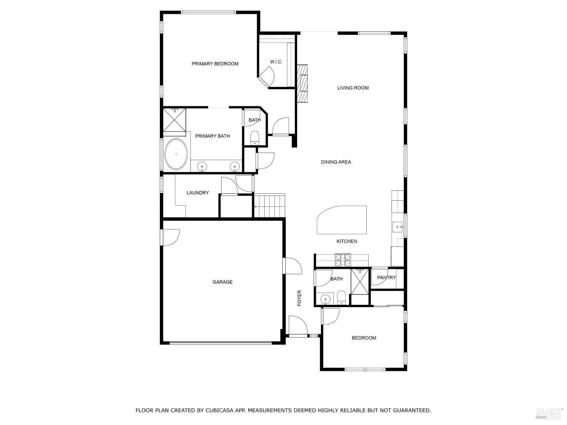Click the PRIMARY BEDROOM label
coord(215,64)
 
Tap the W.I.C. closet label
coord(276,62)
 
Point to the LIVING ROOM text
coord(353,88)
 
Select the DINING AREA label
coord(336,162)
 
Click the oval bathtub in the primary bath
coord(176,154)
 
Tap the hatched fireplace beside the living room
coord(302,83)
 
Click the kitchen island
coord(342,220)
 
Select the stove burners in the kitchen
coord(343,260)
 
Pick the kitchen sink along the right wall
coord(398,227)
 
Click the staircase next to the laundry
coord(270,206)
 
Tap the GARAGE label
coord(222,282)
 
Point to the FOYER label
coord(299,298)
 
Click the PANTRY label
coord(386,278)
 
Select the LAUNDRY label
coord(198,193)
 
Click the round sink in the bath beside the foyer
coord(325,300)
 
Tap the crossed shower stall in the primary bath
coord(175,120)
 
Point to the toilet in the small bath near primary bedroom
coord(255,138)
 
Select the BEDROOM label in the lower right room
coord(364,338)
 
